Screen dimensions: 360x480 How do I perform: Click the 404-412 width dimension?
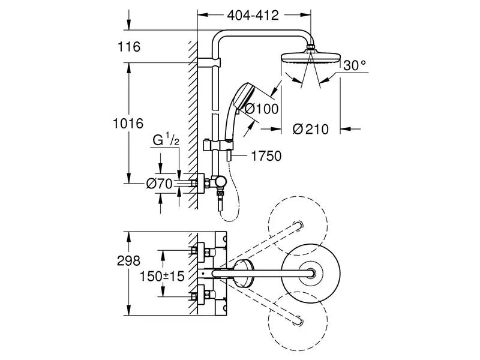[x=253, y=16]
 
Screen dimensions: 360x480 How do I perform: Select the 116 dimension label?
[x=129, y=47]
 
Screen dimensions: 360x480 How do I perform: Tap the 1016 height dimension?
[x=128, y=124]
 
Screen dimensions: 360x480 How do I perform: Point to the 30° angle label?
[x=355, y=65]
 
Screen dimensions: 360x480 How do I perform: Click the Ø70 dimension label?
[x=160, y=184]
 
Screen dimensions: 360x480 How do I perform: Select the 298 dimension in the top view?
[x=128, y=260]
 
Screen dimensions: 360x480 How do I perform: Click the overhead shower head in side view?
[x=310, y=58]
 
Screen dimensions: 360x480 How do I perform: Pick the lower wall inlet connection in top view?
[x=199, y=295]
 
